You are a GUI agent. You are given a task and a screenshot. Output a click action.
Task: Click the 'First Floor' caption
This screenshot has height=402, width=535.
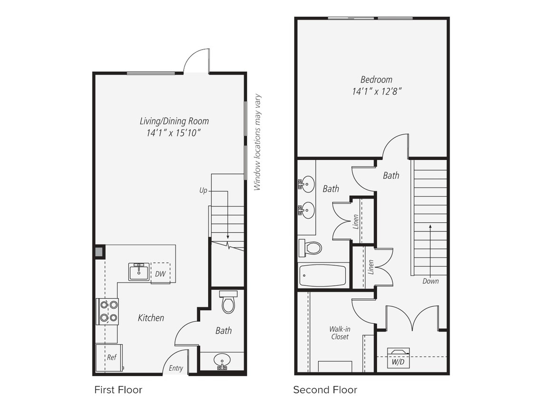point(118,390)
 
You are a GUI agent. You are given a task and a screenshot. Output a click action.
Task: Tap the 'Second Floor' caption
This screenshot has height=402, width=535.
point(325,390)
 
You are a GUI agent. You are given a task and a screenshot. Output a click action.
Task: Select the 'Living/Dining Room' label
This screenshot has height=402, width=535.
point(174,121)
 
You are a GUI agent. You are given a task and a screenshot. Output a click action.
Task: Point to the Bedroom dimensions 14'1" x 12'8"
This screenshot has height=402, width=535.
point(376,91)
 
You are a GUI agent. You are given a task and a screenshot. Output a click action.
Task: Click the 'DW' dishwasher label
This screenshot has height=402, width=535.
point(160,273)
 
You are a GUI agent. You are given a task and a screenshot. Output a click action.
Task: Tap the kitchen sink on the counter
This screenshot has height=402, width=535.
point(139,271)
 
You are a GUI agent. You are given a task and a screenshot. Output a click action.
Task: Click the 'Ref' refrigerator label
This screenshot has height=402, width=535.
point(111,357)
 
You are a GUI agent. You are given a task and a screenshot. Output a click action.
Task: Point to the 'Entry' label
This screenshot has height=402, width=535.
point(175,368)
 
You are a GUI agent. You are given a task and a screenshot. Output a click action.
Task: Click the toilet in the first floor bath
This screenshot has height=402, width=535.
point(228,303)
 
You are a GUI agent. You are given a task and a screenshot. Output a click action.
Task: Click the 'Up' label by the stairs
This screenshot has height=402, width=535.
point(203,191)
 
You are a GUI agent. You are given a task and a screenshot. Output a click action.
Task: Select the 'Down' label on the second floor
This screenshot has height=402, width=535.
point(430,281)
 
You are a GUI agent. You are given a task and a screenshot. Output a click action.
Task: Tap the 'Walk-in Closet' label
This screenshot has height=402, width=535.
point(340,333)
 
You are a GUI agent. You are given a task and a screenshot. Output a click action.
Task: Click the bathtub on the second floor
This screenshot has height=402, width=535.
point(323,275)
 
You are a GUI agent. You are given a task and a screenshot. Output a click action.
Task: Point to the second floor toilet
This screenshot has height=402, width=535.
point(310,248)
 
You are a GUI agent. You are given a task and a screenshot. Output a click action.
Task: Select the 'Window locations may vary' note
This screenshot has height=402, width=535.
point(257,142)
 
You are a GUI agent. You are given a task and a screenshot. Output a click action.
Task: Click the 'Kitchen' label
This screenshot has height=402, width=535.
point(151,318)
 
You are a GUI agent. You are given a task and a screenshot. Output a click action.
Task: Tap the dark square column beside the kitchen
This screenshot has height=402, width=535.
point(99,251)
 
